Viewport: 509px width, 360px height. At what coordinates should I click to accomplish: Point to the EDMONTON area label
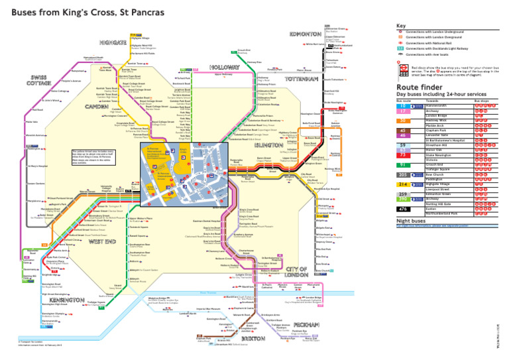click(306, 33)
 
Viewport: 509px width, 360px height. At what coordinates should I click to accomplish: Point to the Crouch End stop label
click(243, 50)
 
